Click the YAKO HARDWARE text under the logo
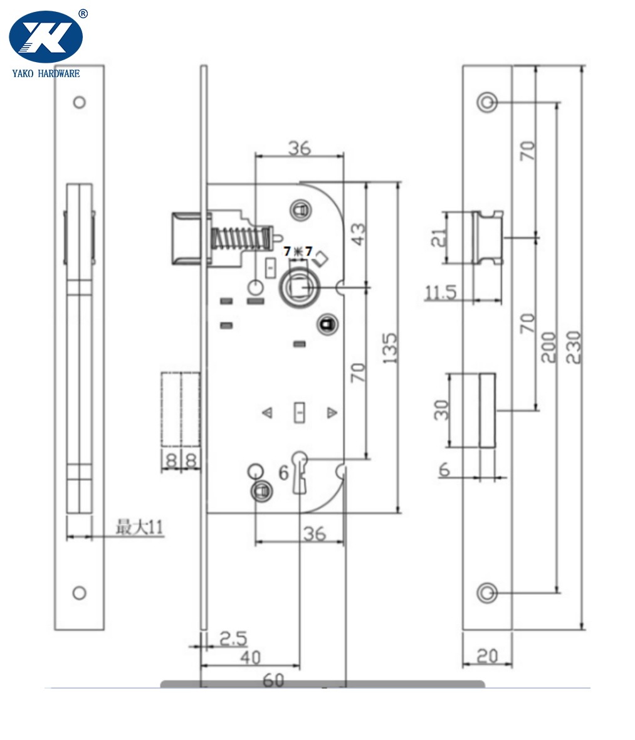(x=46, y=73)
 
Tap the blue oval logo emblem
(x=46, y=37)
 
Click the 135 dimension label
(x=391, y=348)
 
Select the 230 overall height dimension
(x=573, y=347)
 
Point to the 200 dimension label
(x=548, y=347)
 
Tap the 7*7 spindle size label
(x=298, y=251)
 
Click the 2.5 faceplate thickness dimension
(x=233, y=638)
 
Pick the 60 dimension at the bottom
(x=273, y=680)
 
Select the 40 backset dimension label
(x=250, y=657)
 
